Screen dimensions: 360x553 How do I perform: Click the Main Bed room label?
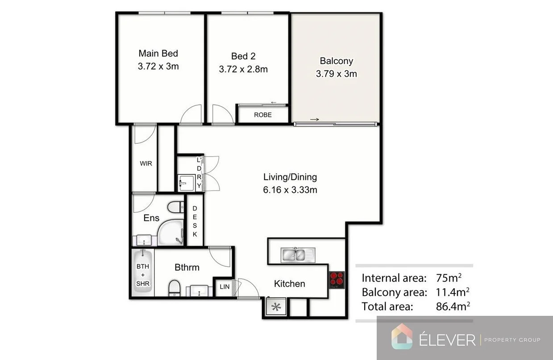tap(158, 54)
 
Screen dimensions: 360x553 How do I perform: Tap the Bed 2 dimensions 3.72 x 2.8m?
tap(243, 69)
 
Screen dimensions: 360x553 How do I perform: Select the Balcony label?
tap(336, 61)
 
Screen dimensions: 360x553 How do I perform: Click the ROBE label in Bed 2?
tap(262, 115)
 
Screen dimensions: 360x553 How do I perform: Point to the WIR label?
tap(146, 164)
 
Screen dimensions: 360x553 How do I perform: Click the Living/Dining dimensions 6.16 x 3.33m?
tap(290, 190)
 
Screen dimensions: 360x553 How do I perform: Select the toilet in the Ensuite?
tap(175, 207)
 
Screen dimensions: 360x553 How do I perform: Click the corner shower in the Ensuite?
tap(170, 233)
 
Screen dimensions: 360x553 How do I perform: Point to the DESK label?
tap(195, 221)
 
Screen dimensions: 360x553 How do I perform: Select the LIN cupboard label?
tap(224, 287)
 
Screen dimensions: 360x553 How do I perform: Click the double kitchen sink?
tap(293, 255)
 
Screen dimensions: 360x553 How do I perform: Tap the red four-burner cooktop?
tap(337, 280)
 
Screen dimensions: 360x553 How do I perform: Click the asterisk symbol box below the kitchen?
tap(276, 306)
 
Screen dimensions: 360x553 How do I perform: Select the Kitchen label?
tap(289, 284)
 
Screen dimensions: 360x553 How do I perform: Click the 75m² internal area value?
tap(448, 278)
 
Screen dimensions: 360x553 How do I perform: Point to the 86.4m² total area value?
tap(453, 306)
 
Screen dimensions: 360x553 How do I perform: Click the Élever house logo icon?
tap(402, 336)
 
